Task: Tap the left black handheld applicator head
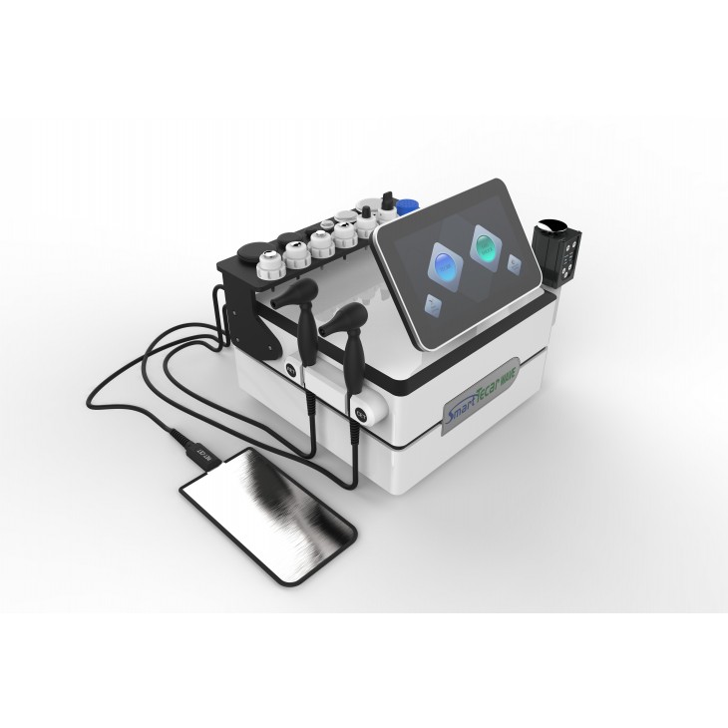coord(301,291)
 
